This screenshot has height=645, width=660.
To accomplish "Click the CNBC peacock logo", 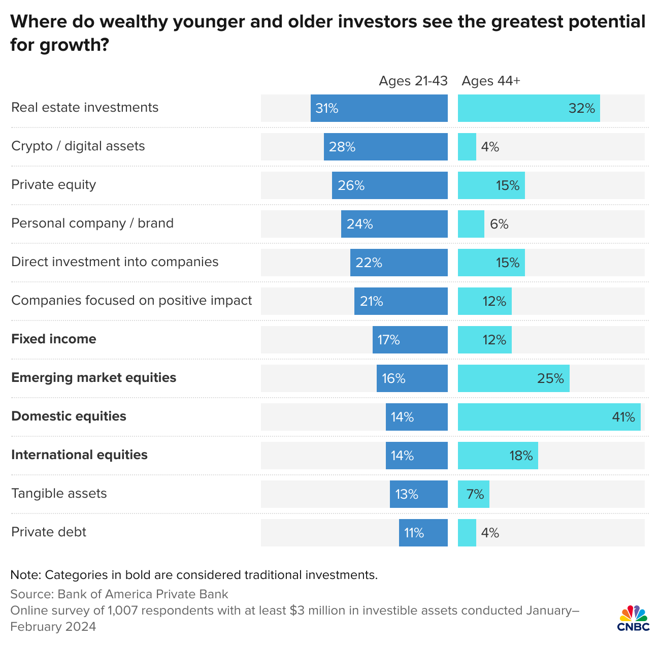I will click(634, 618).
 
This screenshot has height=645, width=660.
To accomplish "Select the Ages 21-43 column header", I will click(413, 81).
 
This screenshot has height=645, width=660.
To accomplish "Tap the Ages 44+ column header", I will click(490, 81).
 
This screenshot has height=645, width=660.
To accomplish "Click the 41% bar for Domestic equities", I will click(549, 417).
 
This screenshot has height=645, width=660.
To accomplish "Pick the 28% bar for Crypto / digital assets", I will click(385, 147).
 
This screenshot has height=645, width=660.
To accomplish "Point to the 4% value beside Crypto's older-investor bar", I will click(490, 147).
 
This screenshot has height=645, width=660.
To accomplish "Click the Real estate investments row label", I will click(85, 108).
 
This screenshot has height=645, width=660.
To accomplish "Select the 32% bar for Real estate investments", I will click(529, 108).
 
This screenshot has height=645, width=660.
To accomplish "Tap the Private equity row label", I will click(53, 185).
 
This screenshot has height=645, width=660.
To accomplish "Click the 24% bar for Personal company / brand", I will click(394, 224).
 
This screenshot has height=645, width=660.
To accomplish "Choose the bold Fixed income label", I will click(53, 339).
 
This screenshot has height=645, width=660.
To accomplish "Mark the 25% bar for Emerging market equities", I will click(513, 378).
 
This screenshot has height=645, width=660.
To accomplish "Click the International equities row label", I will click(79, 455).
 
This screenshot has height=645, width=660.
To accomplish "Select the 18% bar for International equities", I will click(498, 456).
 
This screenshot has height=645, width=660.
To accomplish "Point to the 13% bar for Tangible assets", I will click(418, 494).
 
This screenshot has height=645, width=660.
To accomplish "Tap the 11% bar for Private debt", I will click(423, 533).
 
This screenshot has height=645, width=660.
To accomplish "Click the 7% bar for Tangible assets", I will click(473, 494).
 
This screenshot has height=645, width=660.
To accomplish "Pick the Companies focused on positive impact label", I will click(131, 301).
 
